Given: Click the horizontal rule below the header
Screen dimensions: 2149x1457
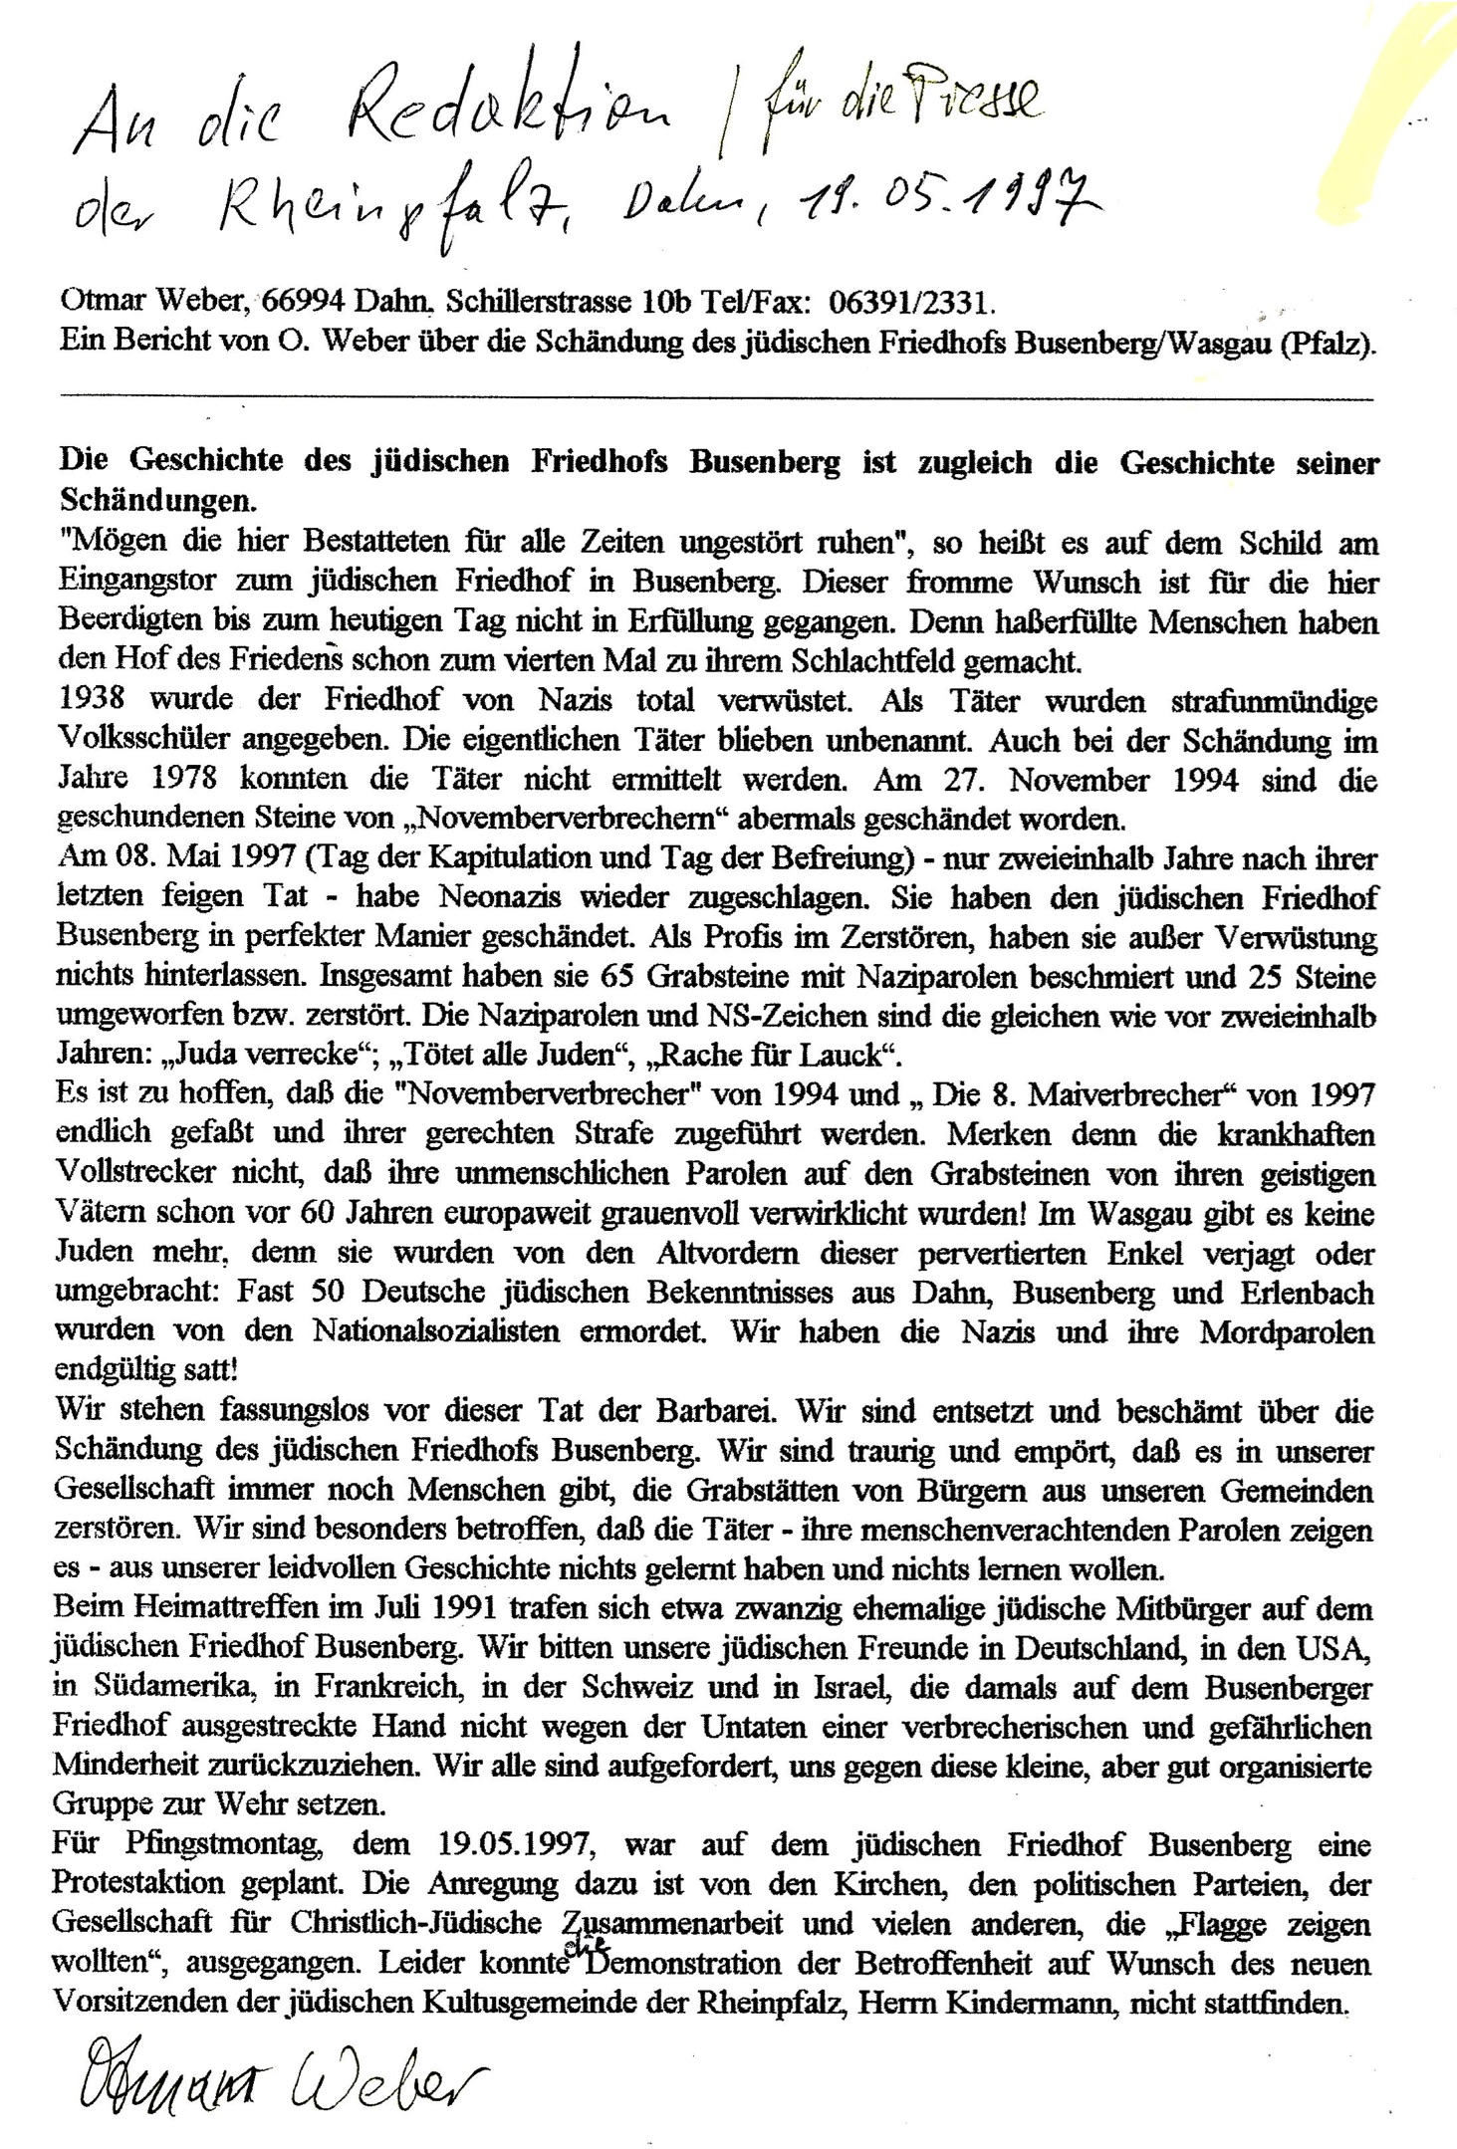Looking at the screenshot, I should (717, 398).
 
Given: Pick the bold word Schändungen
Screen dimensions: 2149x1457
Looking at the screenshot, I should (130, 500).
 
